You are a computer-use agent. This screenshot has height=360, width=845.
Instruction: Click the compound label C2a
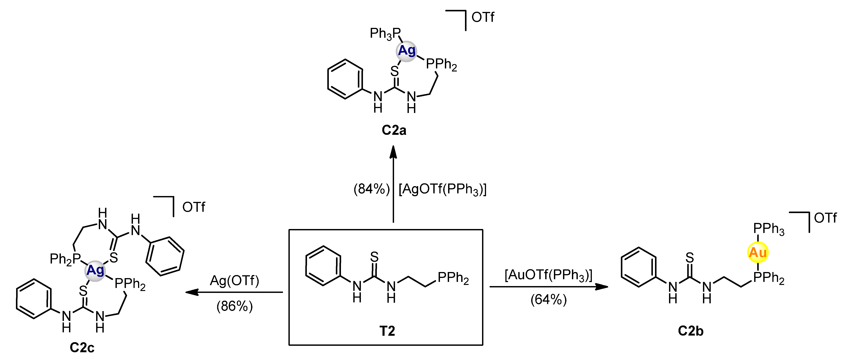coord(394,130)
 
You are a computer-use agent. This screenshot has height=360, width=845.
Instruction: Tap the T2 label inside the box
coord(387,331)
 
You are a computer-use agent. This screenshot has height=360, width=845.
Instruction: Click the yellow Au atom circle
coord(758,253)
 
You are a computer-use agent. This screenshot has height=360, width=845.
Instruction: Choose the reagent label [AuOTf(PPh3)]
coord(548,275)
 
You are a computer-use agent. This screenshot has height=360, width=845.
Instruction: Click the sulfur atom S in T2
coord(374,257)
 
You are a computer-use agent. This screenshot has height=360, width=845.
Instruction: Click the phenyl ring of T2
coord(323,266)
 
